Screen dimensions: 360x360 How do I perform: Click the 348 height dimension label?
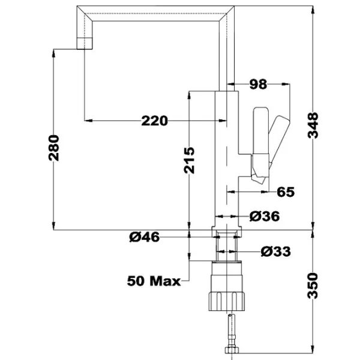pyautogui.click(x=313, y=125)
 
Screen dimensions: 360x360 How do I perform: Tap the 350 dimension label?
pyautogui.click(x=313, y=286)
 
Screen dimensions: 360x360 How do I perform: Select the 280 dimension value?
pyautogui.click(x=54, y=148)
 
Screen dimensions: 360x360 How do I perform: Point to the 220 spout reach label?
pyautogui.click(x=155, y=121)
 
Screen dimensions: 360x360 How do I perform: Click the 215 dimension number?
pyautogui.click(x=189, y=160)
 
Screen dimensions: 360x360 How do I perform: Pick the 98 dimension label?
pyautogui.click(x=258, y=84)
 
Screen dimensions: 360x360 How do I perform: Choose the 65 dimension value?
pyautogui.click(x=286, y=192)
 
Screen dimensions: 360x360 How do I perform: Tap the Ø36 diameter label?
pyautogui.click(x=265, y=216)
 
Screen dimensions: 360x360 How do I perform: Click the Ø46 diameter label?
pyautogui.click(x=144, y=237)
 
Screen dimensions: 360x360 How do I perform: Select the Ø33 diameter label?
pyautogui.click(x=276, y=251)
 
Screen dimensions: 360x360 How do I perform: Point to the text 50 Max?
pyautogui.click(x=154, y=281)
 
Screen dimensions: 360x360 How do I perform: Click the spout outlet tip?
pyautogui.click(x=85, y=43)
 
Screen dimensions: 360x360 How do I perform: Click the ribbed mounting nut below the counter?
pyautogui.click(x=227, y=301)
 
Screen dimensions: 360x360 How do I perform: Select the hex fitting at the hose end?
pyautogui.click(x=232, y=350)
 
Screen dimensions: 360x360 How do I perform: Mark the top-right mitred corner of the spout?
pyautogui.click(x=234, y=6)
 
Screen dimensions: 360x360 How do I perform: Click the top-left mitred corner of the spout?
pyautogui.click(x=77, y=6)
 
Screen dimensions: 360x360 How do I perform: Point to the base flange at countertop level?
pyautogui.click(x=227, y=232)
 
